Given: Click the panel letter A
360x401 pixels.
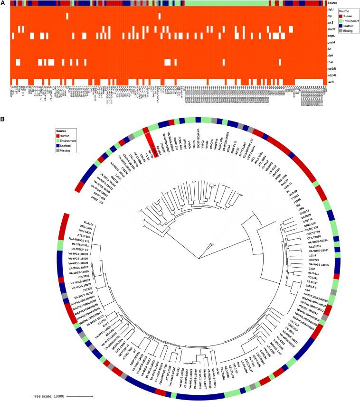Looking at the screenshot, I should pyautogui.click(x=3, y=3).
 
